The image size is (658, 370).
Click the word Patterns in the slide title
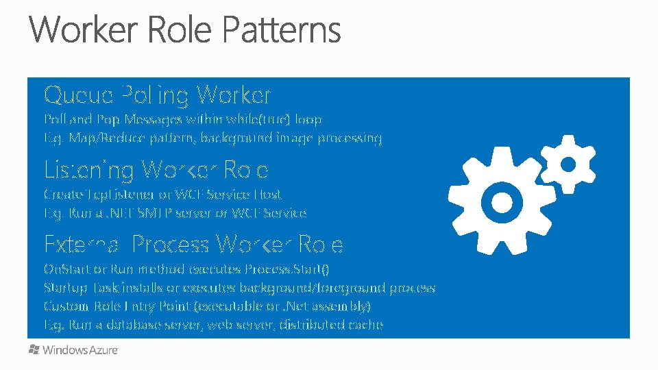(x=281, y=31)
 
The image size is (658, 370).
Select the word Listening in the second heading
(x=88, y=169)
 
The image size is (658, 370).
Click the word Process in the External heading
(x=171, y=244)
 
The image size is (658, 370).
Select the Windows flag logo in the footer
(x=34, y=349)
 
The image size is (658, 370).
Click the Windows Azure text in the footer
(x=80, y=350)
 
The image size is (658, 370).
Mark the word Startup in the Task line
(x=62, y=288)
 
